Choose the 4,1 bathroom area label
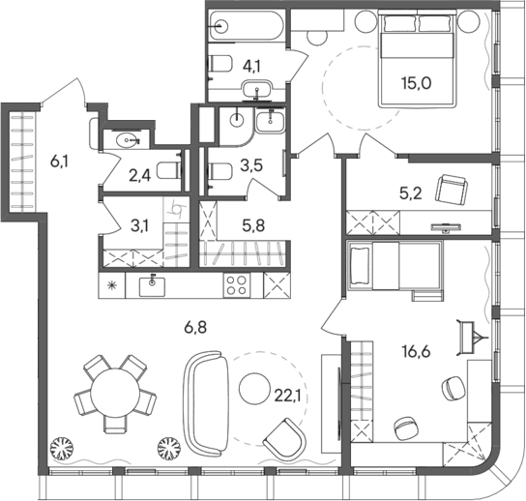[253, 67]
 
